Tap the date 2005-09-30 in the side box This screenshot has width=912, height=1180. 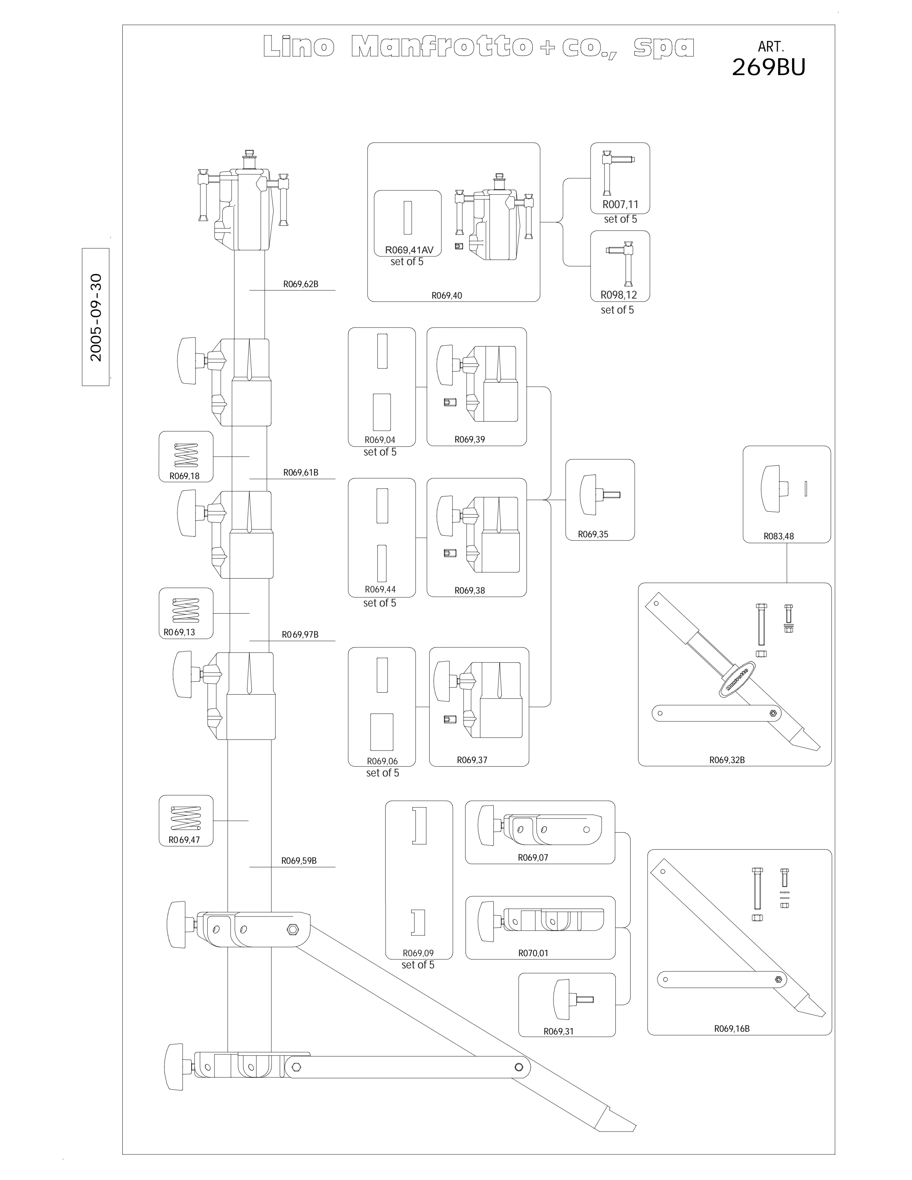(96, 318)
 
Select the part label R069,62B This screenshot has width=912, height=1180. (301, 284)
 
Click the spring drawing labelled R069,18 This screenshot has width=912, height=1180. (186, 455)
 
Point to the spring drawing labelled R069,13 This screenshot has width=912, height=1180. (185, 611)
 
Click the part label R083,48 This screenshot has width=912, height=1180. (779, 537)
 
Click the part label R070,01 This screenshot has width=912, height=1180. (533, 953)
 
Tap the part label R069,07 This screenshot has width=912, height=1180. (533, 857)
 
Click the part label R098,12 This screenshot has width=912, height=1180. (618, 295)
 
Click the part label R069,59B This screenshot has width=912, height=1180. (299, 861)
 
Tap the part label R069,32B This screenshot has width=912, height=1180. (727, 760)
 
